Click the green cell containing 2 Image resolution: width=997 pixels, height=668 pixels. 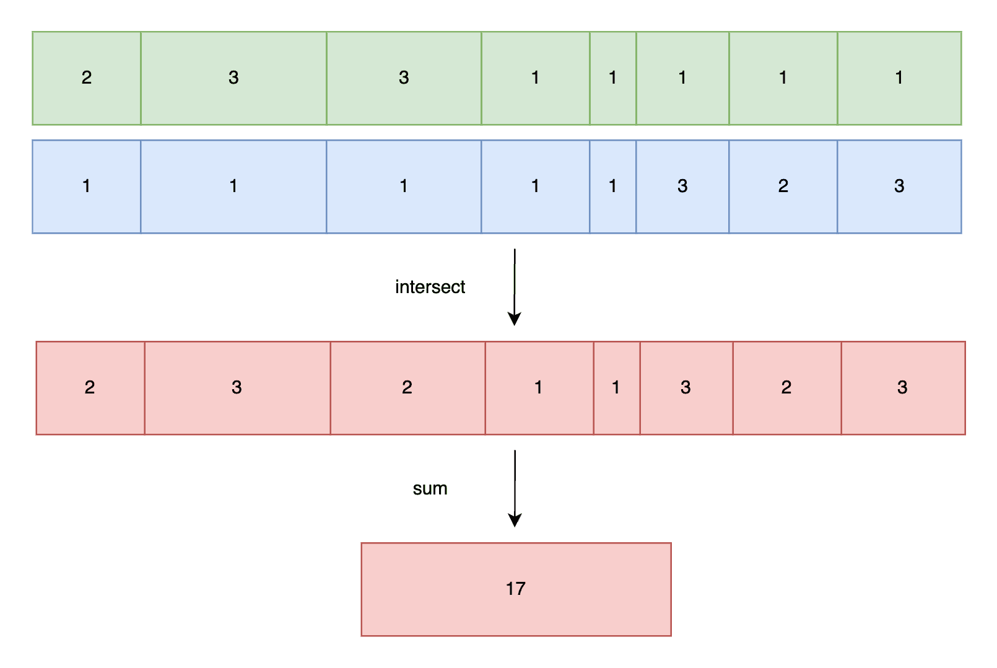[x=87, y=78]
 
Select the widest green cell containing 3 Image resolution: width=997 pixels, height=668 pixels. [x=233, y=78]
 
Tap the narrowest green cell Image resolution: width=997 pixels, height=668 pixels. [x=613, y=78]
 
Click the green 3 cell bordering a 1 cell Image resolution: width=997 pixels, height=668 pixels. [x=404, y=78]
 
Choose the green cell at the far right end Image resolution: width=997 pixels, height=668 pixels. [x=900, y=78]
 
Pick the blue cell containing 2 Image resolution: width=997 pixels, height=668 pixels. [x=783, y=187]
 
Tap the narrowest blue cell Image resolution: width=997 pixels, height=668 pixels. [x=613, y=187]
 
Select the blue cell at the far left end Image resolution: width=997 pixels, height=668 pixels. [x=87, y=187]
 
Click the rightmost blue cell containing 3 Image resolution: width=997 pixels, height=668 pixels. [x=900, y=187]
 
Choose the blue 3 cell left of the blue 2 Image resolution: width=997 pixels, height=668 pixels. [x=682, y=187]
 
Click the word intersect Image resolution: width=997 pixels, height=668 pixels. [x=430, y=287]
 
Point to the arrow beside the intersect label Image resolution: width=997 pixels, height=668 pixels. [x=515, y=288]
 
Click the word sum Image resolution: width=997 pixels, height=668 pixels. [x=430, y=488]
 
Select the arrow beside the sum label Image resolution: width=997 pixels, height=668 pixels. [x=515, y=488]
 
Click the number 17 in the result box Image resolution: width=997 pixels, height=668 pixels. [x=516, y=589]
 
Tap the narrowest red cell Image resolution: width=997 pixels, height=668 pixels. [x=617, y=388]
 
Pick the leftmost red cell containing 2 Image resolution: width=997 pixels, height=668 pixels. [x=90, y=388]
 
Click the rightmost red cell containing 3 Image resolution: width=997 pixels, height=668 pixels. [x=903, y=388]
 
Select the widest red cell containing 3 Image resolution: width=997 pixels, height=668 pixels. [x=237, y=388]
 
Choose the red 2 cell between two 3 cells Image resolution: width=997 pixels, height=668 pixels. [x=787, y=388]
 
